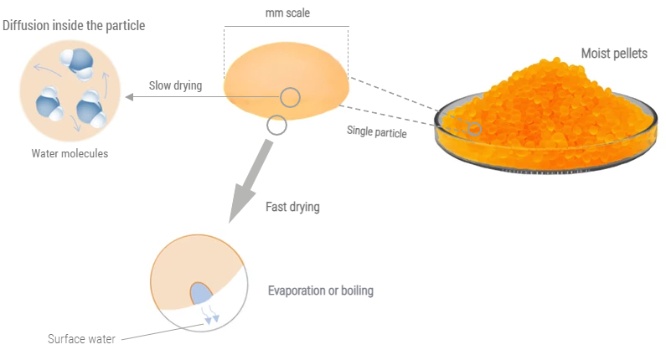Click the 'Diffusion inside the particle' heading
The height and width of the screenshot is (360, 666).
[74, 26]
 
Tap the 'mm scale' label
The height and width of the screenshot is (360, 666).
[287, 13]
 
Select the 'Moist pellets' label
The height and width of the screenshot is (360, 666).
[614, 54]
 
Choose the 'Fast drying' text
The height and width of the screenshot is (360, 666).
[292, 206]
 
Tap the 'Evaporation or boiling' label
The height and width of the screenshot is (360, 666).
[320, 291]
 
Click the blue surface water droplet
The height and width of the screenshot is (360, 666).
[202, 294]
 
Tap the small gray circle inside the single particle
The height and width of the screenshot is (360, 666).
[290, 97]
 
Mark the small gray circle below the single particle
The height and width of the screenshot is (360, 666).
[276, 126]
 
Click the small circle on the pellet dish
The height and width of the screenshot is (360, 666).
[474, 129]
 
